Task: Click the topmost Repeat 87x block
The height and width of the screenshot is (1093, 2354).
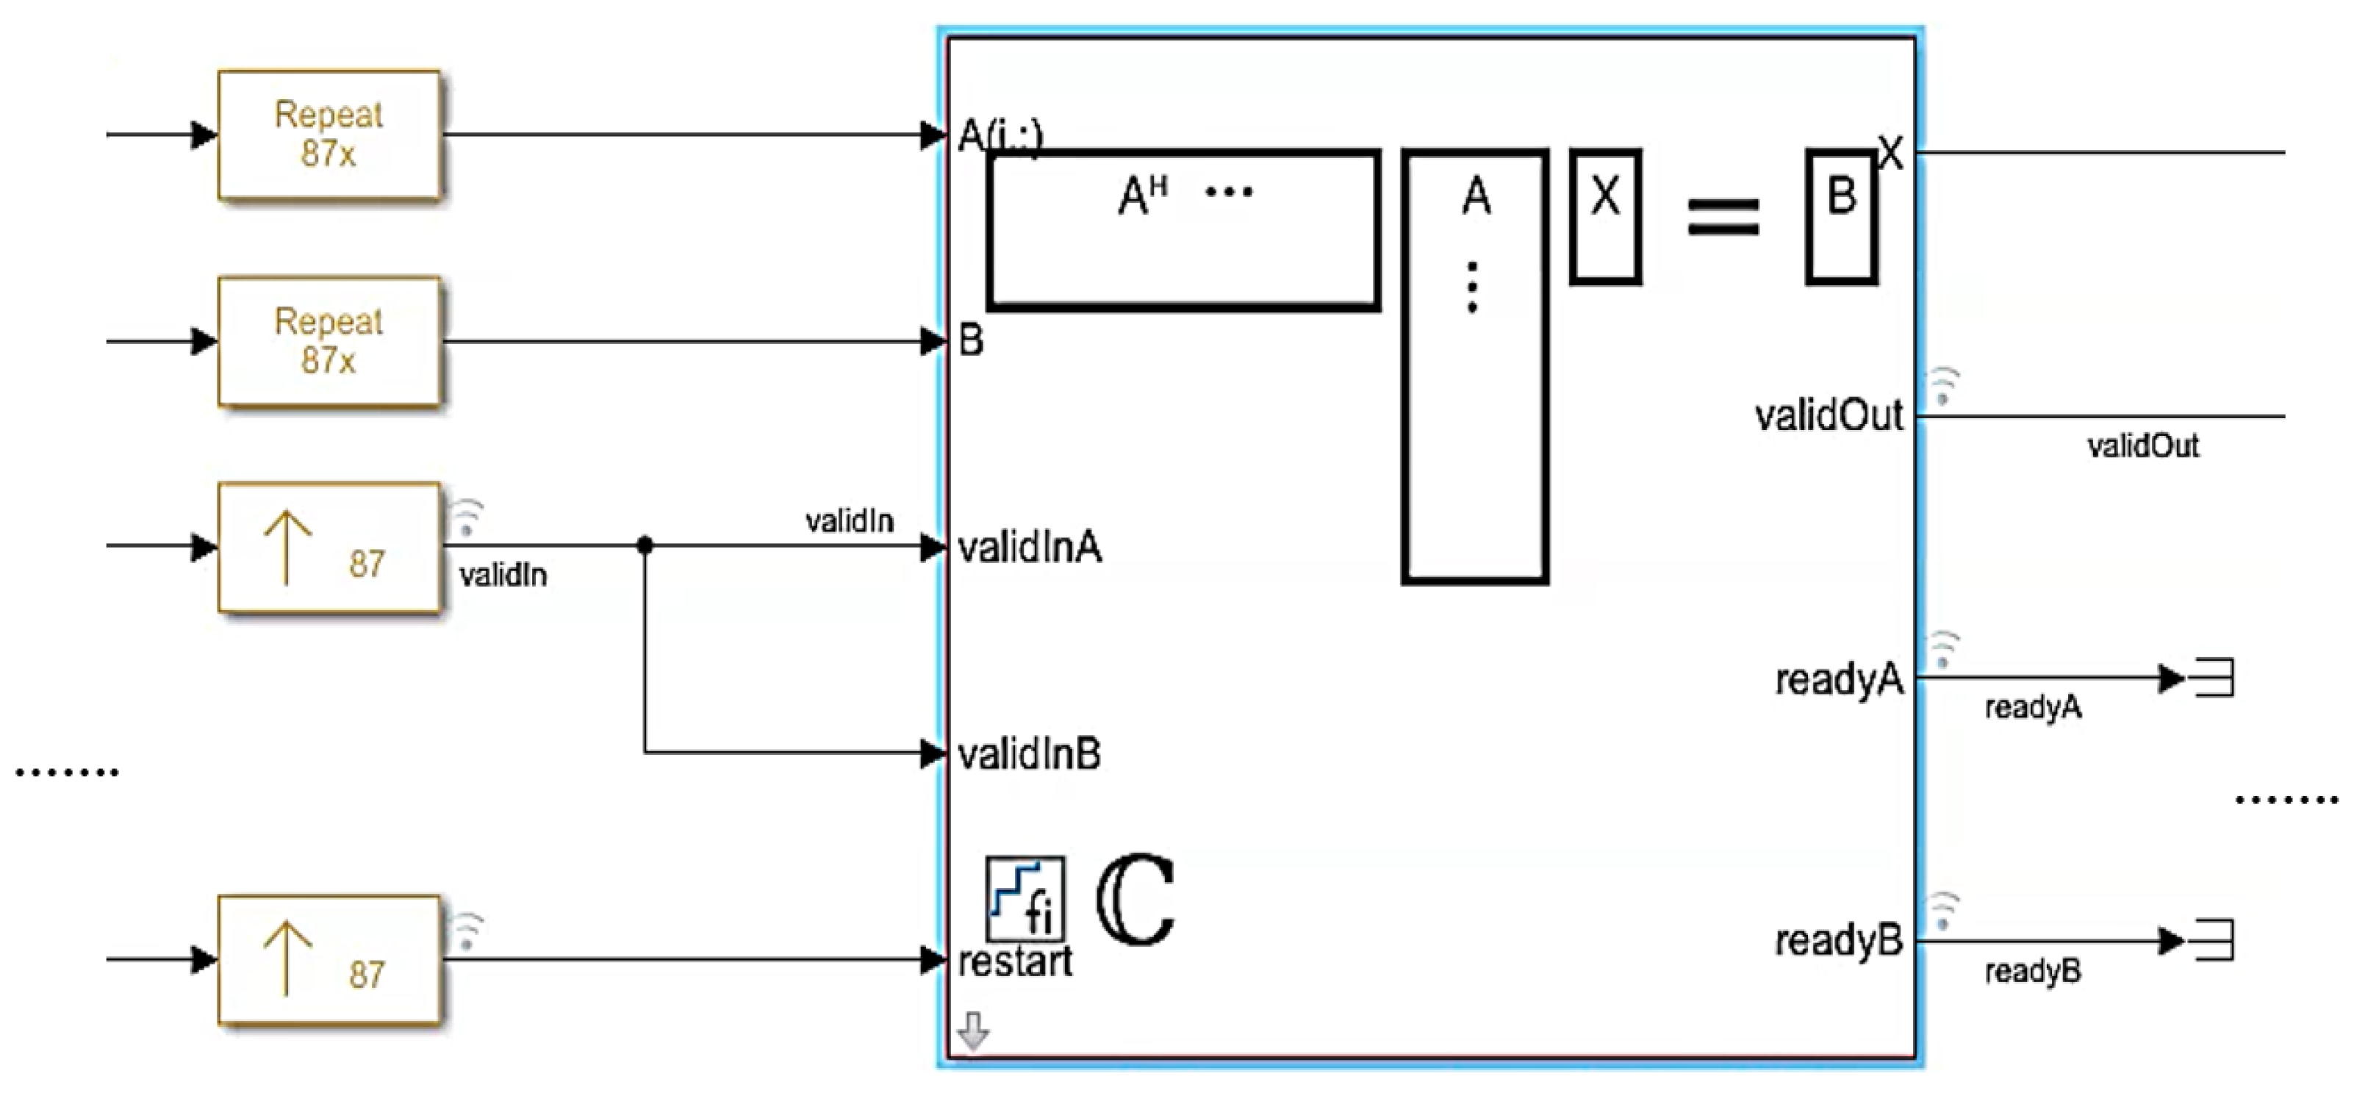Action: coord(329,135)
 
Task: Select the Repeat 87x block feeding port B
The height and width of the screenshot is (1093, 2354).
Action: coord(329,342)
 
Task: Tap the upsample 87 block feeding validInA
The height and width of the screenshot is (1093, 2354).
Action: coord(329,547)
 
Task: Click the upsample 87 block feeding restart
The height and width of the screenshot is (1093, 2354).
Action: coord(329,958)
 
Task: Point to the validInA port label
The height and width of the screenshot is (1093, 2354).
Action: coord(1029,548)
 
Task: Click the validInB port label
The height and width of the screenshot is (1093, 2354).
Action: coord(1029,755)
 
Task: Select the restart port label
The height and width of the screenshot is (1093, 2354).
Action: coord(1014,962)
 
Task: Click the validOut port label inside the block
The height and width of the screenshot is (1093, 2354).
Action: coord(1829,417)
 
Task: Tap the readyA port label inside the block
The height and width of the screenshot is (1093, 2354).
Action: coord(1839,680)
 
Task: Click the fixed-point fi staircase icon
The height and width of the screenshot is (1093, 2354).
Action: coord(1025,898)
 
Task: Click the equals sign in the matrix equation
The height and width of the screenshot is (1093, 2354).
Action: coord(1723,218)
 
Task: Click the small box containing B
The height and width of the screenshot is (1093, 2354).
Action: coord(1841,217)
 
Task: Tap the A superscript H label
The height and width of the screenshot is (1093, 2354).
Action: coord(1142,195)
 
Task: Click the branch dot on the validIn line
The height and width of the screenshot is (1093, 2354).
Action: coord(645,545)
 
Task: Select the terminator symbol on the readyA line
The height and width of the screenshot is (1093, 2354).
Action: coord(2216,679)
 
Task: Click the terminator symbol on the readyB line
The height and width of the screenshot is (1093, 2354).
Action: coord(2216,940)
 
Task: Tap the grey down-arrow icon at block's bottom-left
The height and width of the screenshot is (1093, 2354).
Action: coord(973,1030)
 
